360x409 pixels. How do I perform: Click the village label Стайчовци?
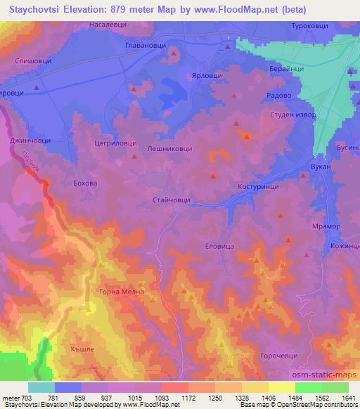pos(172,200)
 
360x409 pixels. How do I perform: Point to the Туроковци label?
pos(310,25)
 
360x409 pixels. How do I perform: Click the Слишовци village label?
pos(32,61)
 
